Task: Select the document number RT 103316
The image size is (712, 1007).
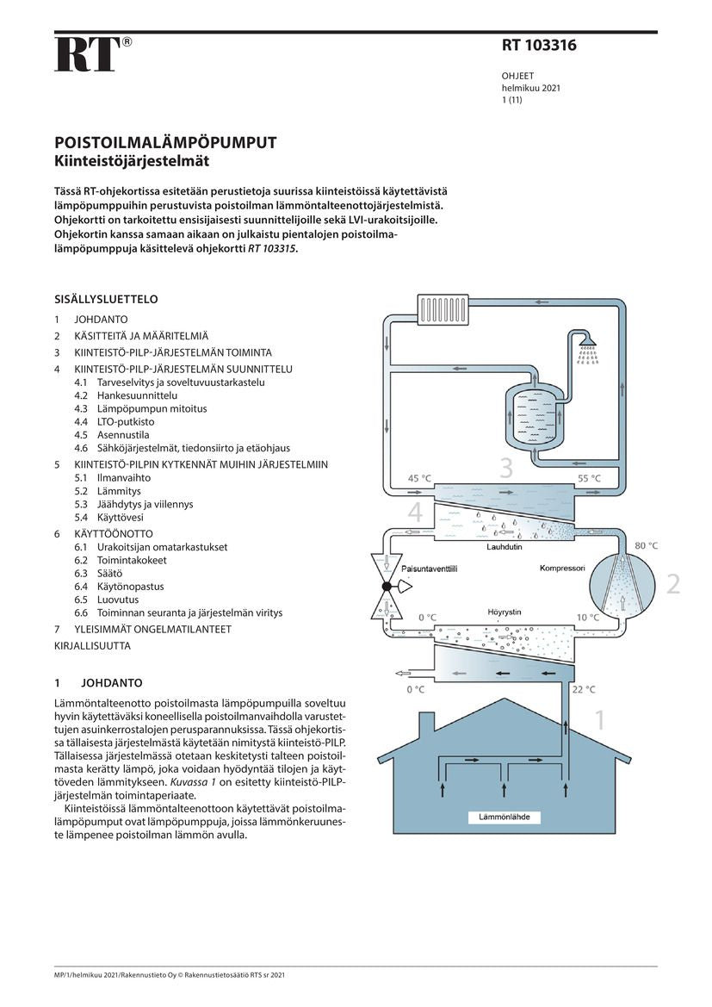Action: pos(539,46)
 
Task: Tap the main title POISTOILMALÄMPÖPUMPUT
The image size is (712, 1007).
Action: pos(165,142)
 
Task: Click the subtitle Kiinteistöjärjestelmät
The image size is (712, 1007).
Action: pos(132,159)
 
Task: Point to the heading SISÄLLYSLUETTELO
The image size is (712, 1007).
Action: pos(106,300)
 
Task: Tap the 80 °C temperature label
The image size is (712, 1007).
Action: pos(646,546)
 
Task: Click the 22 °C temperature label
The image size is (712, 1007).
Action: pos(584,689)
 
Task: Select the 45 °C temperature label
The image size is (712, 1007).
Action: pos(419,478)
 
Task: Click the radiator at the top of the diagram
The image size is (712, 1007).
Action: pos(443,306)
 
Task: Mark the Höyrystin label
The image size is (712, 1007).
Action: pos(504,611)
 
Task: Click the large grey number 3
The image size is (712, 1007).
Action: pos(506,467)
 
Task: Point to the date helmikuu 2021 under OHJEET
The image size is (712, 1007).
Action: pos(531,88)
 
